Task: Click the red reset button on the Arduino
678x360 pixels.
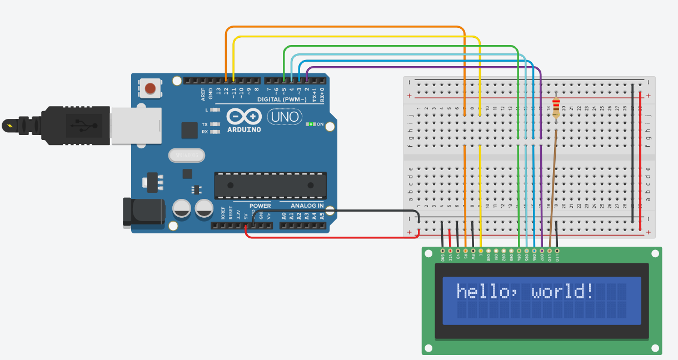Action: click(150, 88)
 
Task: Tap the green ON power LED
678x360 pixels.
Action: click(311, 124)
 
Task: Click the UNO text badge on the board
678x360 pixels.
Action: click(285, 117)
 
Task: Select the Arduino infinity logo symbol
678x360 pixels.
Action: click(244, 117)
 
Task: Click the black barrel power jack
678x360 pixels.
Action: click(143, 212)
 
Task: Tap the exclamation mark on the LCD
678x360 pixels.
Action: click(589, 291)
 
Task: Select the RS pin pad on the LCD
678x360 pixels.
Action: click(465, 251)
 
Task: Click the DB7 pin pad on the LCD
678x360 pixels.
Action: click(541, 251)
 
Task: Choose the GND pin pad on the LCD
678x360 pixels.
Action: click(442, 251)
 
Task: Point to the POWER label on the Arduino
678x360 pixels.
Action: click(260, 206)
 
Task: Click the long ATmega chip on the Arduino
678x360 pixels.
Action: click(271, 186)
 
